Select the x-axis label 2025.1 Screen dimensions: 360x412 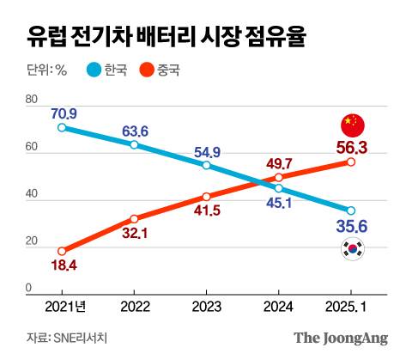pyautogui.click(x=350, y=305)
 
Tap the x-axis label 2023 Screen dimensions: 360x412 pyautogui.click(x=206, y=305)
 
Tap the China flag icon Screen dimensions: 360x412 pyautogui.click(x=352, y=125)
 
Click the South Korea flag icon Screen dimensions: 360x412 pyautogui.click(x=352, y=250)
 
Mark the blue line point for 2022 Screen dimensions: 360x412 pyautogui.click(x=134, y=144)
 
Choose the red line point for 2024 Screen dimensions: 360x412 pyautogui.click(x=278, y=178)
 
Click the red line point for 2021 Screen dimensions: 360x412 pyautogui.click(x=62, y=251)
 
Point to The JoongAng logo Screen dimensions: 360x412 pyautogui.click(x=342, y=338)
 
